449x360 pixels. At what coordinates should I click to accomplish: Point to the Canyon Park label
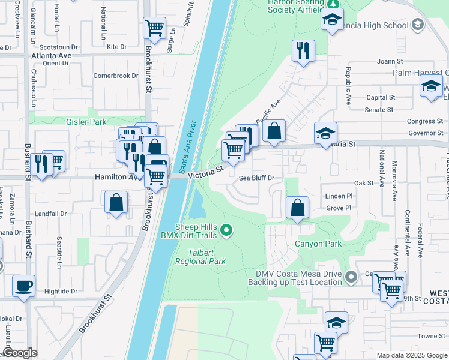(x=318, y=244)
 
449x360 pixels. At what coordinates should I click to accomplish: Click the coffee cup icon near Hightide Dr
(x=24, y=286)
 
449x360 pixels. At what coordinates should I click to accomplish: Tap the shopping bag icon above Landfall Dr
(x=116, y=202)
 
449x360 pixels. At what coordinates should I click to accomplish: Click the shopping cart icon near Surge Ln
(x=155, y=28)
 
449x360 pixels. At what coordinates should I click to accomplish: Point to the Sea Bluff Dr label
(x=256, y=178)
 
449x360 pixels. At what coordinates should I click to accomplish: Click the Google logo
(x=20, y=353)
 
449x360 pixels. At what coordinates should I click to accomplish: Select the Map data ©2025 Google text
(x=411, y=355)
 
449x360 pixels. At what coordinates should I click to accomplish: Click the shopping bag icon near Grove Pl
(x=297, y=208)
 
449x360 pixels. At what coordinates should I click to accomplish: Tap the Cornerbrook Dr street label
(x=116, y=76)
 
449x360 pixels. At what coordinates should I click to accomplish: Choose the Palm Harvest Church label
(x=420, y=73)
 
